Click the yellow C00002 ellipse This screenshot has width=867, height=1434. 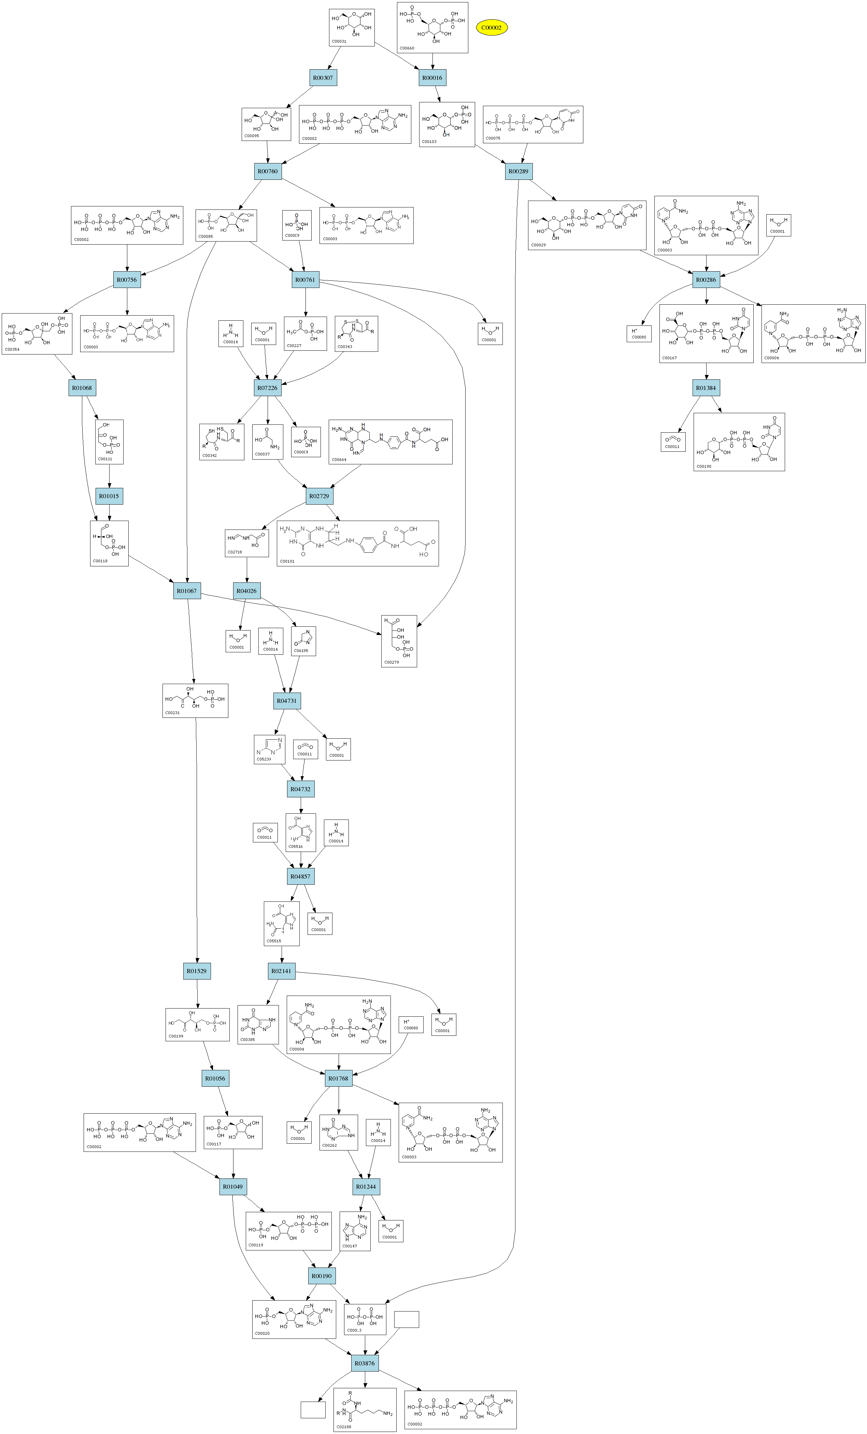[492, 27]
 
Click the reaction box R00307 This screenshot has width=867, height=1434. [323, 78]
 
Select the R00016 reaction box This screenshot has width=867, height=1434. [432, 78]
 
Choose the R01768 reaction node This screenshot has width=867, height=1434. [338, 1078]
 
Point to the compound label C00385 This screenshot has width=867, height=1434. [247, 1039]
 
